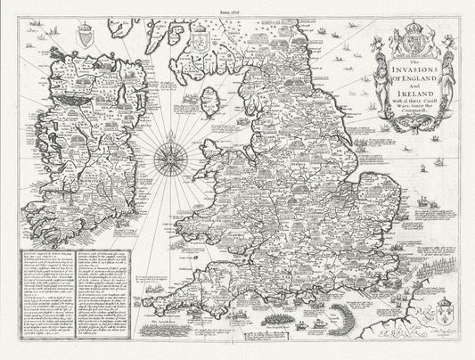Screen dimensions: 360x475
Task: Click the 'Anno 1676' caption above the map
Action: [x=237, y=6]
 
